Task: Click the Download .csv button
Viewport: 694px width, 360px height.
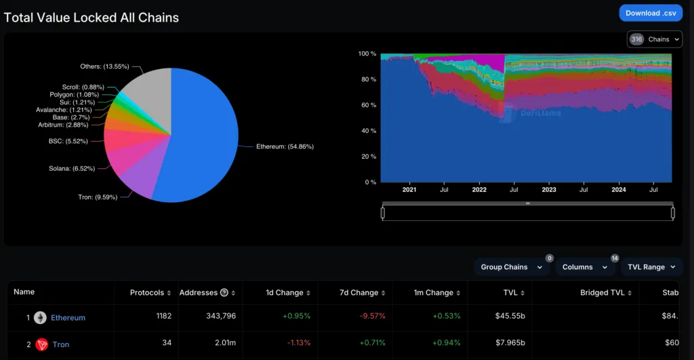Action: [651, 13]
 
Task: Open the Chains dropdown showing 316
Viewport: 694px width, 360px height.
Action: [654, 39]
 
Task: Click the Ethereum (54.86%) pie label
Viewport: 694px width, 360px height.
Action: [284, 146]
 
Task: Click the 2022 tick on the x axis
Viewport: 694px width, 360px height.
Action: [479, 190]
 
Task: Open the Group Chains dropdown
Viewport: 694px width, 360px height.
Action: [511, 267]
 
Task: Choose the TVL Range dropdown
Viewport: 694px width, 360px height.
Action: [651, 267]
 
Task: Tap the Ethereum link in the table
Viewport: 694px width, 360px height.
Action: [68, 317]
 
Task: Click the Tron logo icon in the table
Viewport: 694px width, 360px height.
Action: [41, 344]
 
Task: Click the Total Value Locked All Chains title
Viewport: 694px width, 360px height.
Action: [91, 18]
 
